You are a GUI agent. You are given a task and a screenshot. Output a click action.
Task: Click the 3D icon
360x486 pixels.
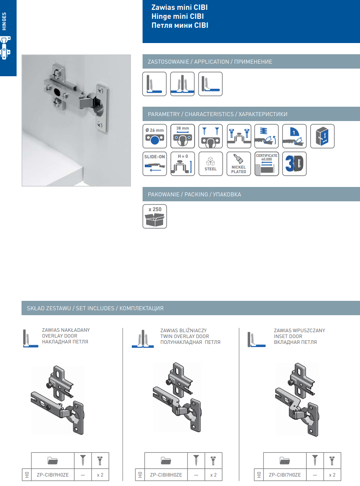(x=294, y=164)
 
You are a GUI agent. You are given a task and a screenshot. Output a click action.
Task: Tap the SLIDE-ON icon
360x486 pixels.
(x=155, y=164)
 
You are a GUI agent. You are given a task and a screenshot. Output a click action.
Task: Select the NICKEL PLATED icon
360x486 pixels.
(x=239, y=164)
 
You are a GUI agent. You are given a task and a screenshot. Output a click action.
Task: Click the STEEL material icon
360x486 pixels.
(x=211, y=164)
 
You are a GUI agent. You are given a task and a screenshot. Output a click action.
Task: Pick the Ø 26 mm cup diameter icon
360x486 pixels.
(x=155, y=136)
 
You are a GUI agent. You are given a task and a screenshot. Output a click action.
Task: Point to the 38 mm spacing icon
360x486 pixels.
(x=182, y=136)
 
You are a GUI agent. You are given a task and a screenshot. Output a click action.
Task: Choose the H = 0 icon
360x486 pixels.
(x=182, y=164)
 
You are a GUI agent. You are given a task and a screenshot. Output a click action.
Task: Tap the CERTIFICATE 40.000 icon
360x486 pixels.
(x=266, y=164)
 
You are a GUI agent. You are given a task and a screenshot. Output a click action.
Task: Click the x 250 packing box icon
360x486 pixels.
(x=155, y=217)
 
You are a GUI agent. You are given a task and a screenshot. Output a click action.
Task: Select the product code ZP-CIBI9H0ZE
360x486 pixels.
(x=52, y=475)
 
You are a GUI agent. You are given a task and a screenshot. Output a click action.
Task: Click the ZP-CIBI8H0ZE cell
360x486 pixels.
(x=166, y=475)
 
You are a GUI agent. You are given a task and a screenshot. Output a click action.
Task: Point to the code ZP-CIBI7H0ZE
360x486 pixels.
(x=285, y=475)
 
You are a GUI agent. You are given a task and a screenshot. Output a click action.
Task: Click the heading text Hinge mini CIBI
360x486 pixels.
(x=178, y=16)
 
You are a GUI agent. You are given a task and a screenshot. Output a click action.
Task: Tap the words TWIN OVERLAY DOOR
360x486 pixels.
(x=185, y=336)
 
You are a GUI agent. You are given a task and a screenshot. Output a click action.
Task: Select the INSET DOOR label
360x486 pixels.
(x=288, y=336)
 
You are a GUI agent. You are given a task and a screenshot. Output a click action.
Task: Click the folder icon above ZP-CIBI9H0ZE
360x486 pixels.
(x=52, y=460)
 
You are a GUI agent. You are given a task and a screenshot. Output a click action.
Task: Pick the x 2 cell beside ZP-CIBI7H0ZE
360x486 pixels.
(x=332, y=475)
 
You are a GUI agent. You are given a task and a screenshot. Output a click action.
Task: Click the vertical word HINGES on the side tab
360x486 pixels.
(x=4, y=22)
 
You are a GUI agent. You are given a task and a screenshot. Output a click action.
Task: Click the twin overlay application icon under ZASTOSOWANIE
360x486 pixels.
(x=182, y=84)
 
